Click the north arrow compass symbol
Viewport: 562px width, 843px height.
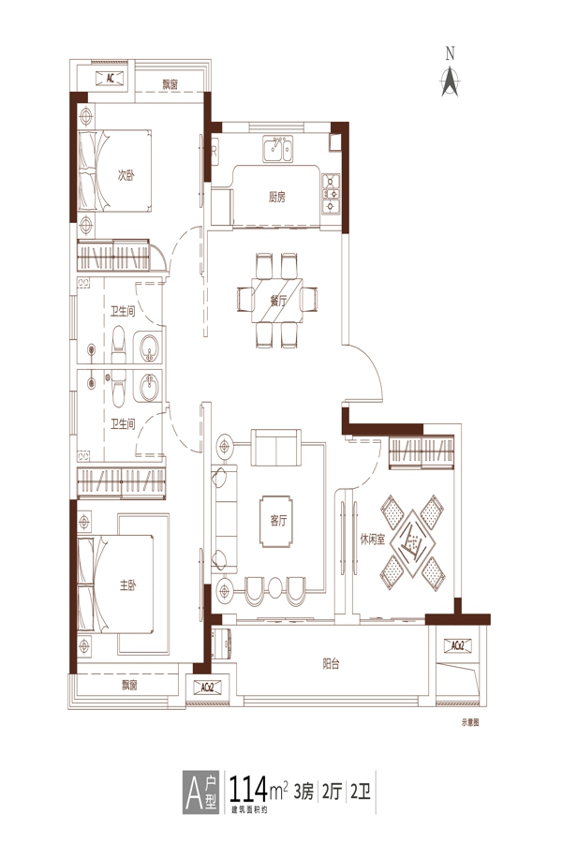(450, 81)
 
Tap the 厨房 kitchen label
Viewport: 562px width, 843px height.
(277, 198)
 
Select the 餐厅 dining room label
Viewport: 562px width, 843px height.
(278, 301)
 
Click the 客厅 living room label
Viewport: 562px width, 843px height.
(278, 521)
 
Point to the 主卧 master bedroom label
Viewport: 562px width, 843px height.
(128, 585)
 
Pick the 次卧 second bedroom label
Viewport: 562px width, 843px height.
(126, 175)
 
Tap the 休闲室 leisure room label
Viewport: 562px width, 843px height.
(373, 540)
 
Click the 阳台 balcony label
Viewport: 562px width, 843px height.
(332, 664)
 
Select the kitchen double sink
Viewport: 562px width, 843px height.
(277, 148)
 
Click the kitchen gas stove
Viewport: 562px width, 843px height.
(331, 194)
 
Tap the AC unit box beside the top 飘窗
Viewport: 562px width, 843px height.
(111, 79)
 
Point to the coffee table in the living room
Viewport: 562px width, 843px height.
(277, 522)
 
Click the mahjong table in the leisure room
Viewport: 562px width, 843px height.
(412, 542)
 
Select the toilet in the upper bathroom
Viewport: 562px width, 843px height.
(118, 345)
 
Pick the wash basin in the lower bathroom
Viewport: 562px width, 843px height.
(150, 388)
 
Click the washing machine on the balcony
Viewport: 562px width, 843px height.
(222, 643)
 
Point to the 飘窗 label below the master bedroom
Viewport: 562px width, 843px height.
(129, 685)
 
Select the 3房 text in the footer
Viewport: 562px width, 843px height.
(303, 791)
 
